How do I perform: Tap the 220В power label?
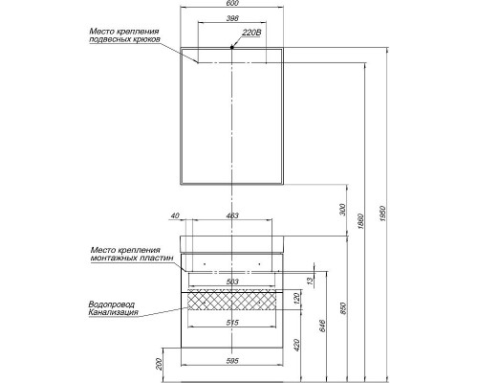coord(252,33)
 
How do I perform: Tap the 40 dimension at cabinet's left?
coord(176,216)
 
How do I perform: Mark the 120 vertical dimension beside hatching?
coord(296,300)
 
